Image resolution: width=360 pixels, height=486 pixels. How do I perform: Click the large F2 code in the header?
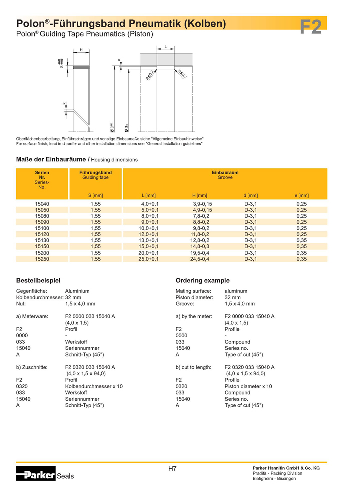point(311,26)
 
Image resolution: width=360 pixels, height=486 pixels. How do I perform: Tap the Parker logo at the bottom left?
point(36,475)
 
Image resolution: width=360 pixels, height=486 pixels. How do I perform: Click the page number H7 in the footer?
point(172,469)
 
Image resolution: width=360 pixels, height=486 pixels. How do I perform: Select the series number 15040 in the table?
point(42,204)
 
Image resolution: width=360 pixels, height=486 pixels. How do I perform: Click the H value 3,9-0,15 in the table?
point(202,204)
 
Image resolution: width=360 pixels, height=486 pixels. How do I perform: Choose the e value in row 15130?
point(301,240)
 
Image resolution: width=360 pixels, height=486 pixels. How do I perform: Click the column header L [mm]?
point(149,195)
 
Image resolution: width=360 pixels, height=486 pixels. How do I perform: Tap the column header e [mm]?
point(302,195)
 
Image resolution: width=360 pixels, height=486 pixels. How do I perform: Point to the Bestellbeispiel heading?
point(38,280)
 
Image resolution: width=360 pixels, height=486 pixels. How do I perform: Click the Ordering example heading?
point(202,280)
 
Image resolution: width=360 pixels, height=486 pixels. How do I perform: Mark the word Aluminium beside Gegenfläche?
point(77,291)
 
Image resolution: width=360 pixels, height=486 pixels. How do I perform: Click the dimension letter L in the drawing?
point(165,46)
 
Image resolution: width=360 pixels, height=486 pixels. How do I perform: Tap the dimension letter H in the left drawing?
point(81,50)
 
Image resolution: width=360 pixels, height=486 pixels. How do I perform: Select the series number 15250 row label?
point(42,259)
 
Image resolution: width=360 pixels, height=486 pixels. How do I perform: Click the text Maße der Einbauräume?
point(51,159)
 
